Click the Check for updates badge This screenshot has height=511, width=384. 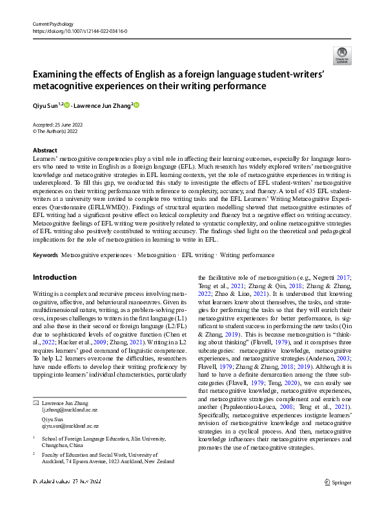(341, 56)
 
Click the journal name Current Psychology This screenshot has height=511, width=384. (54, 24)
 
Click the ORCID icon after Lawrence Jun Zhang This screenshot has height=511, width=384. (136, 105)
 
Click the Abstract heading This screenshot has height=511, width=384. (45, 149)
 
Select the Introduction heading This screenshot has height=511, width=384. (54, 277)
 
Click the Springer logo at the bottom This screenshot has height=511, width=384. (338, 481)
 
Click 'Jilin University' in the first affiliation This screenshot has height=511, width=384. (142, 438)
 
